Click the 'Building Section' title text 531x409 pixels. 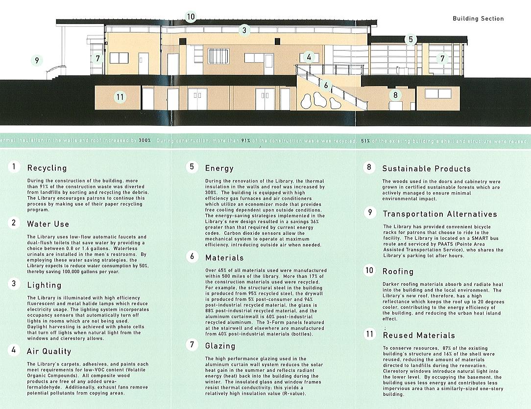pyautogui.click(x=478, y=19)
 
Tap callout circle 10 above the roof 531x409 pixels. pyautogui.click(x=191, y=17)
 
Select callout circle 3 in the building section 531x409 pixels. pyautogui.click(x=244, y=30)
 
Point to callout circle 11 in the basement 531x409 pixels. pyautogui.click(x=120, y=97)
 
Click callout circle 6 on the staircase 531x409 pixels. pyautogui.click(x=326, y=86)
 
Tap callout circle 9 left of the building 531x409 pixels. pyautogui.click(x=36, y=61)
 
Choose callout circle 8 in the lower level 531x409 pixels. pyautogui.click(x=395, y=95)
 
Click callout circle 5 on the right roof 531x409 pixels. pyautogui.click(x=410, y=40)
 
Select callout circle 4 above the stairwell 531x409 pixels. pyautogui.click(x=309, y=57)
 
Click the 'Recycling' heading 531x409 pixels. pyautogui.click(x=47, y=168)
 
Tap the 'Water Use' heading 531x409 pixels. pyautogui.click(x=48, y=224)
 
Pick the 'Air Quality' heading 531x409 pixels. pyautogui.click(x=48, y=351)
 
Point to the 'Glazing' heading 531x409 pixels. pyautogui.click(x=220, y=346)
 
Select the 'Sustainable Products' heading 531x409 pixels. pyautogui.click(x=426, y=169)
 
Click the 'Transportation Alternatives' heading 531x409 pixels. pyautogui.click(x=439, y=214)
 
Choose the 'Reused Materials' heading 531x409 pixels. pyautogui.click(x=418, y=336)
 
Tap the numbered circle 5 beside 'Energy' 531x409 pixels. pyautogui.click(x=192, y=167)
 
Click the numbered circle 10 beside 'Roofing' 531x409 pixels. pyautogui.click(x=370, y=270)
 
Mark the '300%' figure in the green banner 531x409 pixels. pyautogui.click(x=145, y=140)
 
